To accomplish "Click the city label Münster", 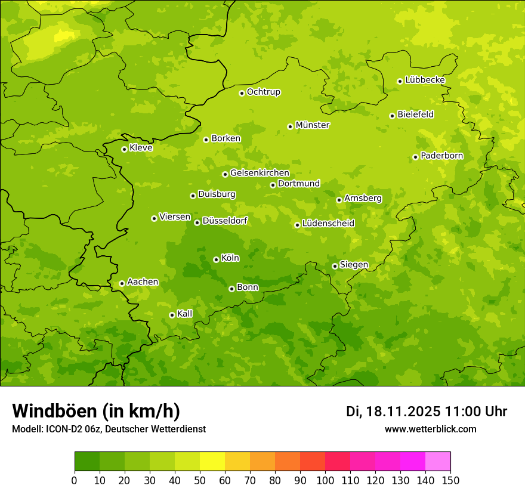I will click(x=313, y=125).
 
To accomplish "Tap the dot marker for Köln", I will click(x=216, y=259).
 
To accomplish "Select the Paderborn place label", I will click(x=441, y=156).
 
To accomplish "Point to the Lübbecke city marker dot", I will click(x=400, y=81).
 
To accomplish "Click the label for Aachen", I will click(x=143, y=282).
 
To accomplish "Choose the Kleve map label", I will click(x=141, y=148).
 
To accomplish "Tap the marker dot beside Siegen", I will click(x=335, y=266).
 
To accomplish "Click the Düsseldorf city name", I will click(x=225, y=221).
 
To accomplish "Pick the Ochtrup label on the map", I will click(x=263, y=92).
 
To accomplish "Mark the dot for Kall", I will click(x=172, y=315).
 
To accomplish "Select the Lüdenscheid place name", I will click(x=328, y=224).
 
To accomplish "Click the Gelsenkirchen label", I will click(x=260, y=173).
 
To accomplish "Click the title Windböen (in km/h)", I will click(x=96, y=411).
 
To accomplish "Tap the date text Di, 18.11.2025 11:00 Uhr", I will click(x=427, y=412).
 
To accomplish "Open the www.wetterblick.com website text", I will click(x=430, y=429).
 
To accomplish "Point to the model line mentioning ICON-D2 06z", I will click(x=109, y=429).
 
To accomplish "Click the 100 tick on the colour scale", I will click(x=325, y=480).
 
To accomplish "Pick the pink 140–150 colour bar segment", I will click(x=437, y=462).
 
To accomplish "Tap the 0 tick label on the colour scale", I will click(x=75, y=480).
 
